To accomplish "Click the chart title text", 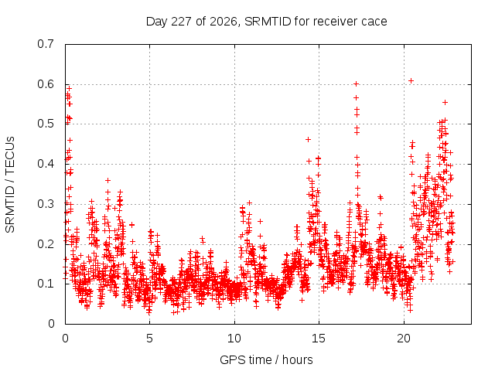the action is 266,22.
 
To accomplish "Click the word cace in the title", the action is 374,22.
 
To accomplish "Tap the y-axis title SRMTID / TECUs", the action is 10,185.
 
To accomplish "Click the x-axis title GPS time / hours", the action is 266,359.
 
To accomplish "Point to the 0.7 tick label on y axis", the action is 46,44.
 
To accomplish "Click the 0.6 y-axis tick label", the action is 46,84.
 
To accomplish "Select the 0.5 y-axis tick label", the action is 46,124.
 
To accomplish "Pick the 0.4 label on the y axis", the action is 46,164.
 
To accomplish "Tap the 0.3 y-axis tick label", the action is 46,204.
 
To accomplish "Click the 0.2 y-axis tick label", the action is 46,244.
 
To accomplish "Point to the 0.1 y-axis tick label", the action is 46,284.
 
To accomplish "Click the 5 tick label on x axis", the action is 149,339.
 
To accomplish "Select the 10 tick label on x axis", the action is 234,339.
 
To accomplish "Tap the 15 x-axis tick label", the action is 319,339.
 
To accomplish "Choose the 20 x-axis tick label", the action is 404,339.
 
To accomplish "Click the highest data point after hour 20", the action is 411,80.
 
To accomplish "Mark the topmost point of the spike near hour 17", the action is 356,84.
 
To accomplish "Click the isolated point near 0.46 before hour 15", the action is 308,139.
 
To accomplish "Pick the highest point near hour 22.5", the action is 445,102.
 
